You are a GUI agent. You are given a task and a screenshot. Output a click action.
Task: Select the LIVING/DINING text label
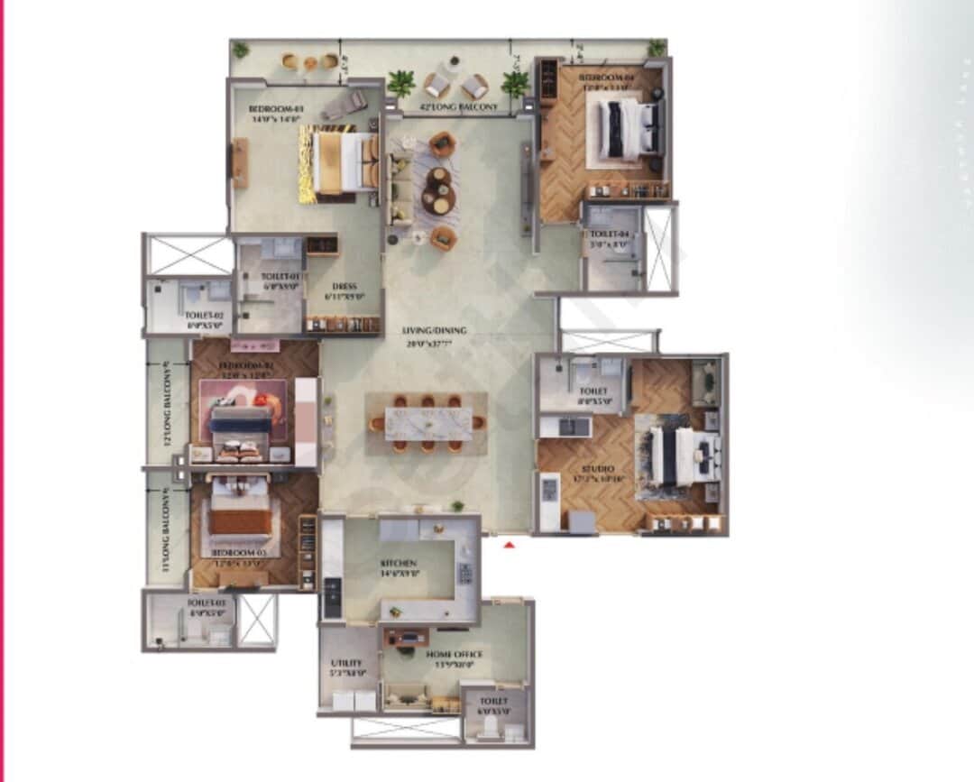coord(435,331)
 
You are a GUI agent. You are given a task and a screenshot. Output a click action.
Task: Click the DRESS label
coord(344,287)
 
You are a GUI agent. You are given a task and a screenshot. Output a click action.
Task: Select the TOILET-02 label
coord(204,316)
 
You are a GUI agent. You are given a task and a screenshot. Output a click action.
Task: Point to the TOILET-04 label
coord(610,235)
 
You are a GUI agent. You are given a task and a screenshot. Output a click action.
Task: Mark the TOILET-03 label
coord(205,602)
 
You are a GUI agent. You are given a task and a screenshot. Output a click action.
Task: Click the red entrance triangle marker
coord(509,545)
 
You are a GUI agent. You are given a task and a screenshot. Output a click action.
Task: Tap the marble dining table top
coord(428,423)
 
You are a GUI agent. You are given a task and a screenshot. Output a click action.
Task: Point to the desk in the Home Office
coord(410,639)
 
